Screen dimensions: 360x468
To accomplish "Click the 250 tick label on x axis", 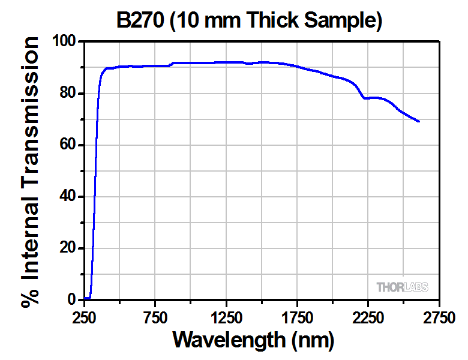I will coord(85,316).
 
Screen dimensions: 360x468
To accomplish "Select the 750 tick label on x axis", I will coord(155,316).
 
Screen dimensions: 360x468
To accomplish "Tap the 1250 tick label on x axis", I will coord(226,316).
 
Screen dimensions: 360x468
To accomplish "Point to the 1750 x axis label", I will coord(297,316).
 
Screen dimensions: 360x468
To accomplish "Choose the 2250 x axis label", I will coord(368,316).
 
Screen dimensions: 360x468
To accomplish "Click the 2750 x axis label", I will coord(439,316).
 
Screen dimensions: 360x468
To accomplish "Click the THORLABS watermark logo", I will coord(402,287).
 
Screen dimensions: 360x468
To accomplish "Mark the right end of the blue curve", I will coord(419,122).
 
